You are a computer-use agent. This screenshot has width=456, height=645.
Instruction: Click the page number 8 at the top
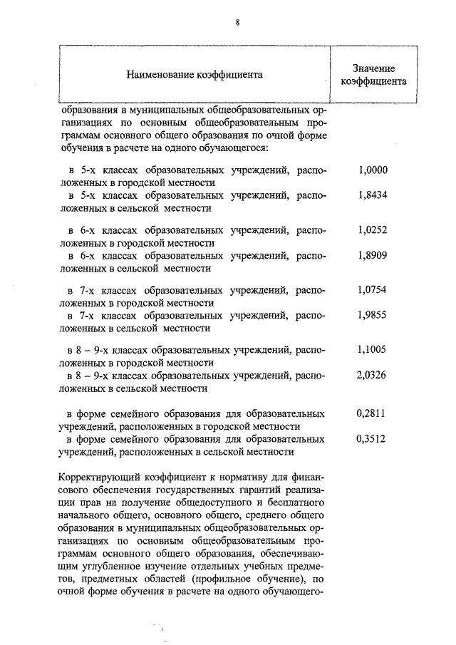[x=237, y=22]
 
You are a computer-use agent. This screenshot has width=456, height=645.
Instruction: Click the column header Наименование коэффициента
[x=195, y=73]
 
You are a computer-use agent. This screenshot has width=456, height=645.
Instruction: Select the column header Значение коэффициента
[x=373, y=74]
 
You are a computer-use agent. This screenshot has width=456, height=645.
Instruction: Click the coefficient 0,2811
[x=370, y=413]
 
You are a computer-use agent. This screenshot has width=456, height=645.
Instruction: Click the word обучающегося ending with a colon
[x=233, y=148]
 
